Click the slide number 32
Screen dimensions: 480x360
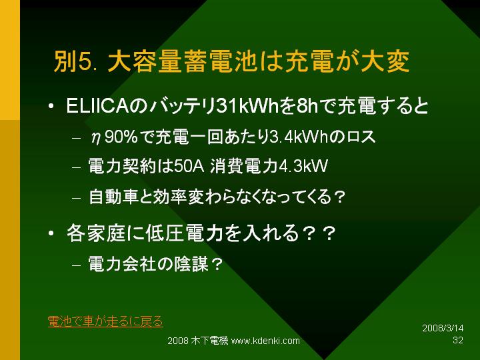click(x=458, y=340)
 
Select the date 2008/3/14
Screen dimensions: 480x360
click(x=443, y=328)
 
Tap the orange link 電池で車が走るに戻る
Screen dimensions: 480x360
click(x=105, y=321)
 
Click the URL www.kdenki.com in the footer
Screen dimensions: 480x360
click(x=265, y=341)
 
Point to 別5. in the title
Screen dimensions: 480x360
click(x=76, y=61)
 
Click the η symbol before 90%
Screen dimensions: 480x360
click(x=96, y=138)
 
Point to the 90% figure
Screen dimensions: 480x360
click(x=121, y=137)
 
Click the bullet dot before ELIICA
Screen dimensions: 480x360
click(x=51, y=106)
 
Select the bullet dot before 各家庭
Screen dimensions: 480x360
click(x=51, y=233)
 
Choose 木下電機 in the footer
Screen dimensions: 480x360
click(x=209, y=341)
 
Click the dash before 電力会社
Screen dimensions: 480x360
click(x=76, y=265)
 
